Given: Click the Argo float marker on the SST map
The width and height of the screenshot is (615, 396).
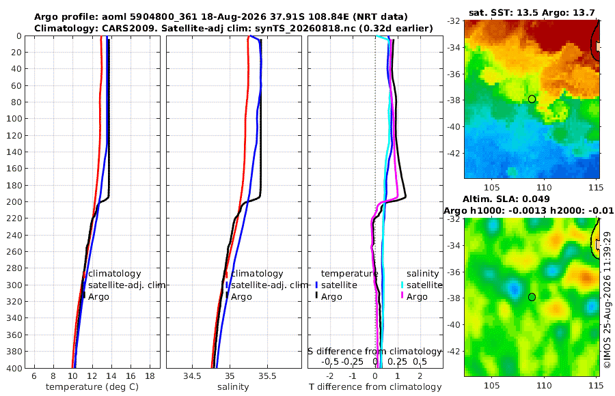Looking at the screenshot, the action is pyautogui.click(x=532, y=99).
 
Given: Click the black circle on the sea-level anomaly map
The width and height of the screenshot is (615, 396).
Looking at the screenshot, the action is pyautogui.click(x=532, y=297).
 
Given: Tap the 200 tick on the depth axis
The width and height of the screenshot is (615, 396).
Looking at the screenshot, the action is pyautogui.click(x=16, y=201).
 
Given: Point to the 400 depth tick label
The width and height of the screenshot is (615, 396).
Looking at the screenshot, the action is pyautogui.click(x=16, y=368).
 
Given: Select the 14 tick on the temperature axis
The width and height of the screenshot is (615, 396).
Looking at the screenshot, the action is pyautogui.click(x=111, y=376).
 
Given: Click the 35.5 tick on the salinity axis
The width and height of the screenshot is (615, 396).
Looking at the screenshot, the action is pyautogui.click(x=267, y=376).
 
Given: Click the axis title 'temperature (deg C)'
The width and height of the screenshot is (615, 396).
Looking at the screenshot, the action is pyautogui.click(x=92, y=387).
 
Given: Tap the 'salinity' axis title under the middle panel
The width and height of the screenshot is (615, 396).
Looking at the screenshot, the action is pyautogui.click(x=233, y=387).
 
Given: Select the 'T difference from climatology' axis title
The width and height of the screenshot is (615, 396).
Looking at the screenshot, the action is pyautogui.click(x=375, y=387).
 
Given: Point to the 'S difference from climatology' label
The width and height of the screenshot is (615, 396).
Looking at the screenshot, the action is pyautogui.click(x=375, y=351).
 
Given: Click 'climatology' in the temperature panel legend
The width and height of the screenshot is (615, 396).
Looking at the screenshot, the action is pyautogui.click(x=115, y=274).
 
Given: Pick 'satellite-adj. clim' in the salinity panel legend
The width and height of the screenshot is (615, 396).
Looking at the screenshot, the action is pyautogui.click(x=269, y=285).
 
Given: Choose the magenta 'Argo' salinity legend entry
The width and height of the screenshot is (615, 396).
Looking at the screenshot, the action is pyautogui.click(x=417, y=297).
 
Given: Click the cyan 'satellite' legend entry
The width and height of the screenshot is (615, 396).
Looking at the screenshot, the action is pyautogui.click(x=424, y=285).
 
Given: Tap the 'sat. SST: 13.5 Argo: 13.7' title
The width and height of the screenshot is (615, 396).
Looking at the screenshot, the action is pyautogui.click(x=532, y=13).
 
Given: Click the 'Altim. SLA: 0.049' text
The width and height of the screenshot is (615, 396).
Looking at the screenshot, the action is pyautogui.click(x=506, y=199).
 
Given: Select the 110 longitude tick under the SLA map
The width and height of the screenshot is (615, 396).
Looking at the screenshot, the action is pyautogui.click(x=544, y=385).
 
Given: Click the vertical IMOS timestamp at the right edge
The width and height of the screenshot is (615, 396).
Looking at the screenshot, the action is pyautogui.click(x=607, y=300).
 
